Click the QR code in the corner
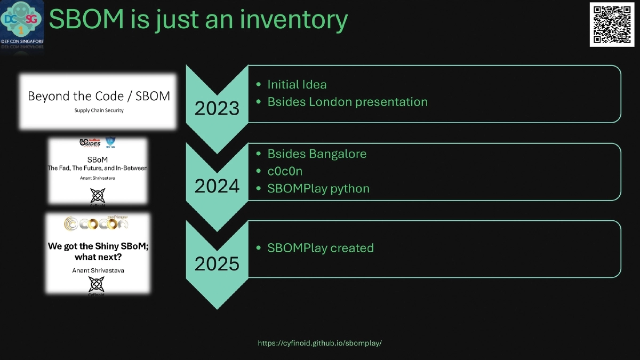[612, 25]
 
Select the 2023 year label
[217, 108]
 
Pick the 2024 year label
[217, 186]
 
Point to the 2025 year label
[217, 264]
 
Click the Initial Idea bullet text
[297, 84]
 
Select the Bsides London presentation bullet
[347, 101]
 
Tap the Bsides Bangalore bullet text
[317, 154]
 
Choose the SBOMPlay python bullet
[318, 188]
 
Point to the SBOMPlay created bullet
[321, 248]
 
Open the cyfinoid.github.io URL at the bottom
[320, 343]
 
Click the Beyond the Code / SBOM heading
[99, 96]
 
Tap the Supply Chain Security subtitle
[99, 110]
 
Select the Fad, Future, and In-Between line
[98, 168]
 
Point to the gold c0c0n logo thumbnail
[96, 224]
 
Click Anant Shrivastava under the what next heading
[98, 270]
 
